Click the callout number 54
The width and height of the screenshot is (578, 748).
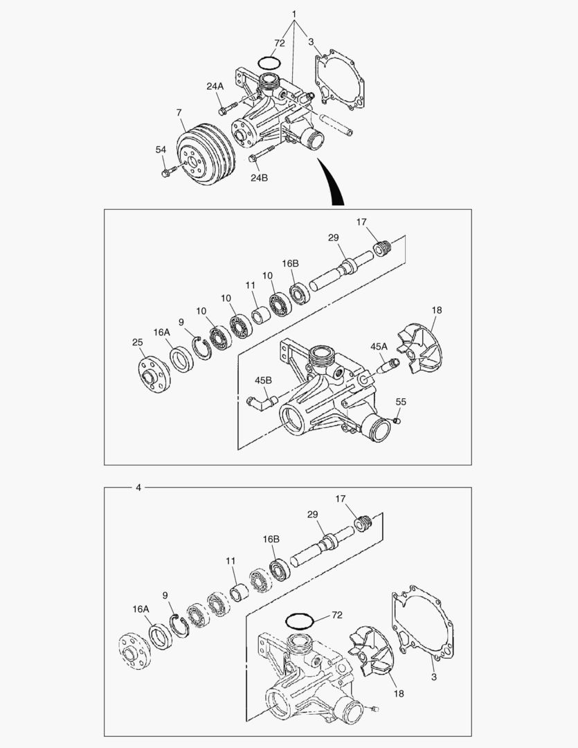(161, 150)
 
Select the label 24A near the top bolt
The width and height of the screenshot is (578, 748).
(215, 87)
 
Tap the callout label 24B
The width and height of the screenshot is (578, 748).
(260, 177)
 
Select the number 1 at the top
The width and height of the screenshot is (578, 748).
(294, 15)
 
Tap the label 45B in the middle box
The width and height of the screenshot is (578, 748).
(263, 380)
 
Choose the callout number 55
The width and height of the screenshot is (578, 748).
(401, 402)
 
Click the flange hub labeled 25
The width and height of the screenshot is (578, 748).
(154, 375)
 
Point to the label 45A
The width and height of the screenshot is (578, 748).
(379, 346)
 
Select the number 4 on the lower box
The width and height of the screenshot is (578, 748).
(138, 488)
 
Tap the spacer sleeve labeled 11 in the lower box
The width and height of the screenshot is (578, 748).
(239, 591)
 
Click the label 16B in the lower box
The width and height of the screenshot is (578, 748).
(271, 539)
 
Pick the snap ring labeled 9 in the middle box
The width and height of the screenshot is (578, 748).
(202, 348)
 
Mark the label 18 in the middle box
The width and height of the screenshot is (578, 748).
(437, 310)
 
